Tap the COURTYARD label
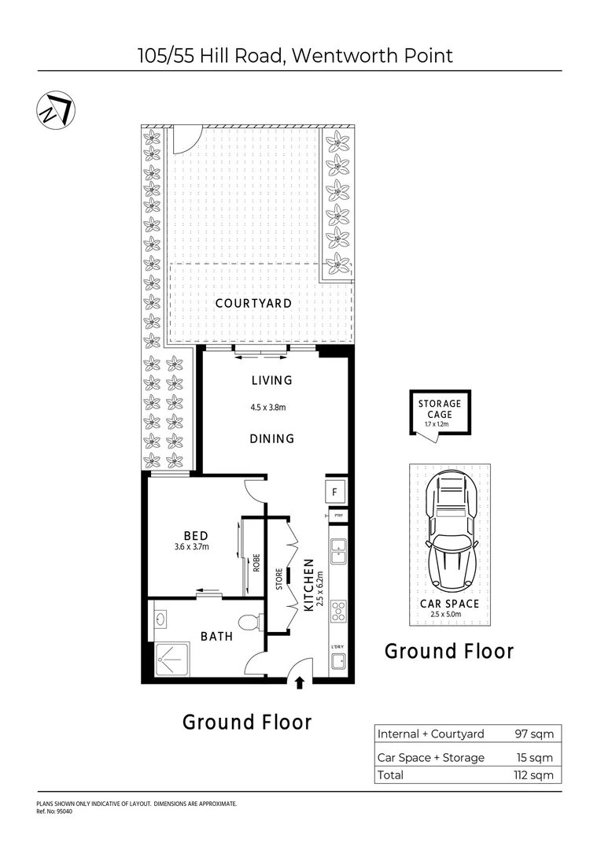[x=253, y=303]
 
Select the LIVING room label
[x=271, y=380]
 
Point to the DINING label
[x=272, y=438]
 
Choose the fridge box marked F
[x=335, y=493]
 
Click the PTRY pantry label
[x=339, y=516]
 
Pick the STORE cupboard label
[x=278, y=578]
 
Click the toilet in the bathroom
[x=249, y=622]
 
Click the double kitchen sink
[x=339, y=551]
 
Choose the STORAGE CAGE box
[x=439, y=412]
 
